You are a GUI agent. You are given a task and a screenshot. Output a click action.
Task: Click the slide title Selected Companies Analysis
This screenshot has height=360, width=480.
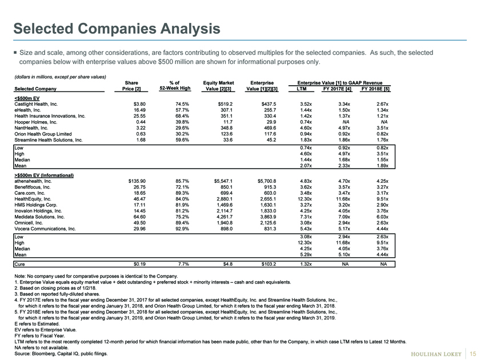(117, 29)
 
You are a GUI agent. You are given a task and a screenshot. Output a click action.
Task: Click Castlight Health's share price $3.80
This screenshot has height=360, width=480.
(139, 104)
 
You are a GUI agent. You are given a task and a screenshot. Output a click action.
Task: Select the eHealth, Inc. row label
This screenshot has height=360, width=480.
(27, 110)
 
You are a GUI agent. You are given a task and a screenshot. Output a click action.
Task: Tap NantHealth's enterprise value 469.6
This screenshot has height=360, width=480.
(270, 128)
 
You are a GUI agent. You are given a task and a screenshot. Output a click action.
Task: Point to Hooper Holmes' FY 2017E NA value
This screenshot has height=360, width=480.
(346, 122)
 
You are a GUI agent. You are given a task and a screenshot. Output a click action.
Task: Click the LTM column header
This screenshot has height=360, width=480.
(302, 89)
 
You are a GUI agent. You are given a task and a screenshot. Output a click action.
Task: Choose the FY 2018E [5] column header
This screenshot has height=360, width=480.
(375, 89)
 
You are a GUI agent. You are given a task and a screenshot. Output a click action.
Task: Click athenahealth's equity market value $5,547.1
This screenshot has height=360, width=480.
(223, 181)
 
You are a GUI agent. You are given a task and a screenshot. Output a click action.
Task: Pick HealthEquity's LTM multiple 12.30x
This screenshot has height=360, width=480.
(306, 199)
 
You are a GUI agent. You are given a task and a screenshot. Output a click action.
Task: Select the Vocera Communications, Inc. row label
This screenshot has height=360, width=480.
(45, 229)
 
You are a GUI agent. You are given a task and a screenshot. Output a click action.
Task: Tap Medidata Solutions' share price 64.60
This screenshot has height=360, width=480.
(139, 217)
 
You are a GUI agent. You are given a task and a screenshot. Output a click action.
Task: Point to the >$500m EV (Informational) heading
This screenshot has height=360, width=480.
(44, 175)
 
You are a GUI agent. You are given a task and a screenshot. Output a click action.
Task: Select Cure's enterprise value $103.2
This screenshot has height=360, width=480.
(269, 264)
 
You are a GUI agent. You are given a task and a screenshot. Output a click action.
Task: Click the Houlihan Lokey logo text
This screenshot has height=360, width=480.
(436, 354)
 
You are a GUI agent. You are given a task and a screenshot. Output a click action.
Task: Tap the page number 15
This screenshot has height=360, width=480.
(473, 354)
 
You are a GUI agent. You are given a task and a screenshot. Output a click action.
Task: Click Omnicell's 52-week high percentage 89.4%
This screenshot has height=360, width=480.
(182, 223)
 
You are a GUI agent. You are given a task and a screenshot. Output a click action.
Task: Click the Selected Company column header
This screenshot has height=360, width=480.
(35, 89)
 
